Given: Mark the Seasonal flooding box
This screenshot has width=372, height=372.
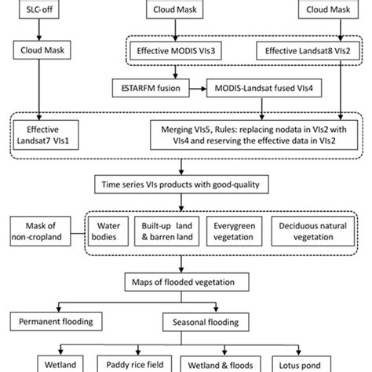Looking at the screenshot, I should coord(207,321).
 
